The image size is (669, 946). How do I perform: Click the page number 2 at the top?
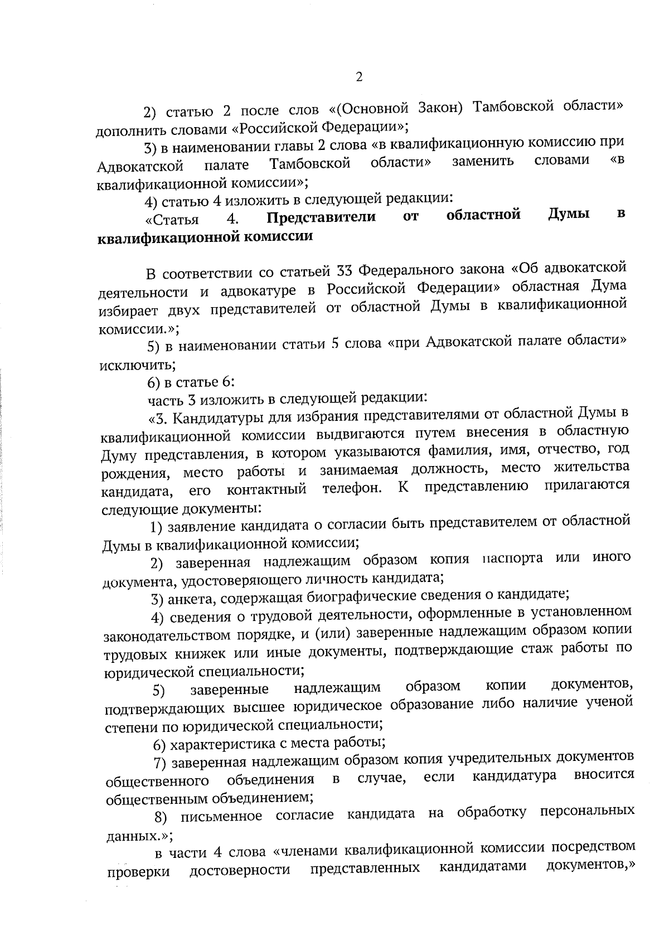coord(359,77)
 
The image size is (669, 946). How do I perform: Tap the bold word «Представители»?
coord(322,217)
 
